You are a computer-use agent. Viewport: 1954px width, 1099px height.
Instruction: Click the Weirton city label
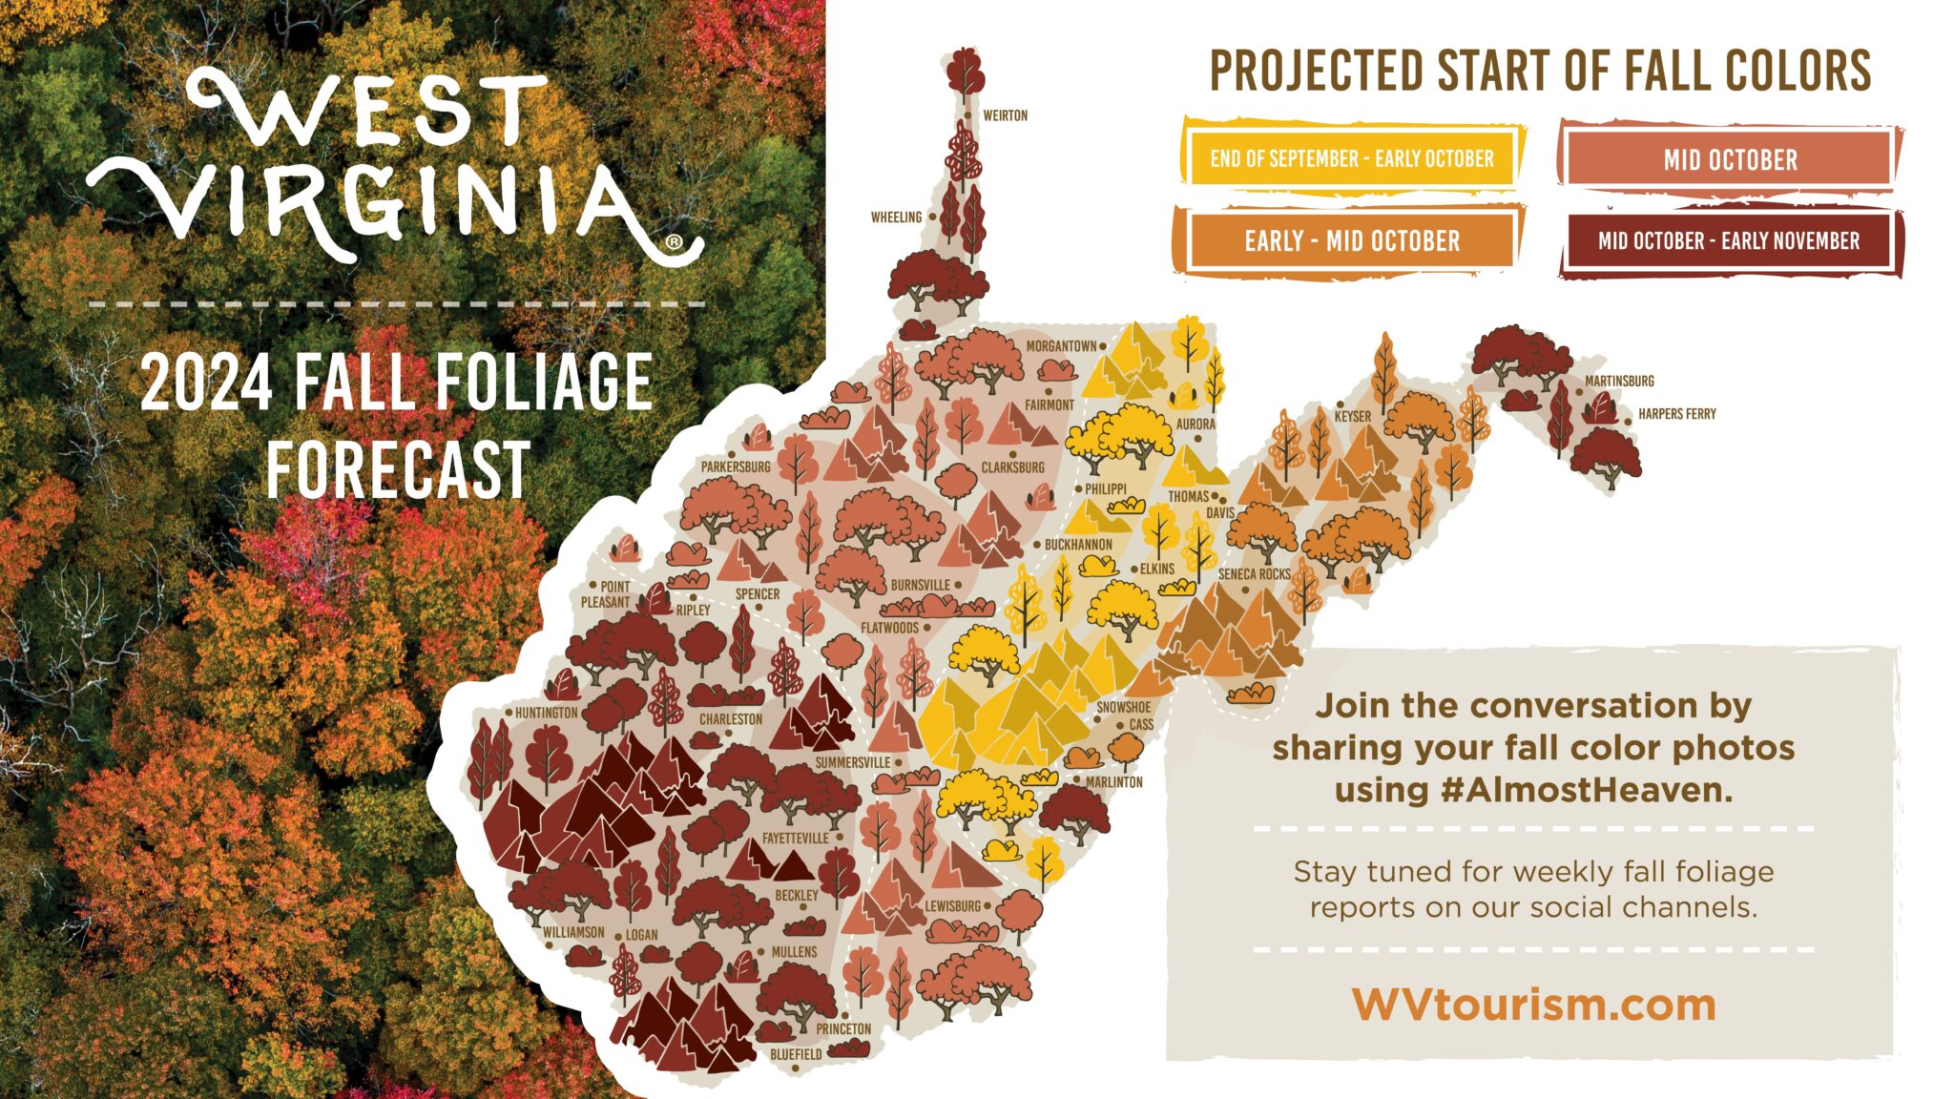tap(1005, 115)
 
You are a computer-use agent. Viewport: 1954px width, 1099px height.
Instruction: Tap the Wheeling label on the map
tap(896, 218)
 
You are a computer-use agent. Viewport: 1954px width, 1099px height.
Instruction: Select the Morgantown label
tap(1061, 346)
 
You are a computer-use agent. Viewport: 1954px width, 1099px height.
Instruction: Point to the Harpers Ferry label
tap(1676, 414)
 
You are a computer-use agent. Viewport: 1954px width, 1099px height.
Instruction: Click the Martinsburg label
tap(1619, 381)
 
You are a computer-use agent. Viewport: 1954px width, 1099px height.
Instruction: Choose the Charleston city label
tap(730, 719)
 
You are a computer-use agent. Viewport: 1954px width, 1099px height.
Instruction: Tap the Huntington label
tap(546, 713)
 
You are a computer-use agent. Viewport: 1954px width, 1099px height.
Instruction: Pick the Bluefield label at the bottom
tap(796, 1054)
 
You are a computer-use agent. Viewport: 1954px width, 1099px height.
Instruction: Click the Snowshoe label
tap(1123, 707)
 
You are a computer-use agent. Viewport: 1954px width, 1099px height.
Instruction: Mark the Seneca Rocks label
tap(1254, 574)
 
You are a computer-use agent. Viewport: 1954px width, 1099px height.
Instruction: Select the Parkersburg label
tap(735, 467)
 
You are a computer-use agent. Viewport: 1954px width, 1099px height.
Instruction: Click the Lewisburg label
tap(952, 905)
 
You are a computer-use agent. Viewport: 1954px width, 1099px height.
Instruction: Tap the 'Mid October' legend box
tap(1730, 159)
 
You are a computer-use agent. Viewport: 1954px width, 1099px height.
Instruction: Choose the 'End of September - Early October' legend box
tap(1351, 158)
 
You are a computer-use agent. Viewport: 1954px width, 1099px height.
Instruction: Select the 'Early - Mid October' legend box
tap(1351, 240)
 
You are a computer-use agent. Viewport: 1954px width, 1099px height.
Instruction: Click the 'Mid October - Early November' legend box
tap(1729, 240)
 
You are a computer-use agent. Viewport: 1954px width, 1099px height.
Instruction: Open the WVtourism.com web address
tap(1533, 1005)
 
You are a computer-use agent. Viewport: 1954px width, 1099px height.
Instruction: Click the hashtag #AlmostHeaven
tap(1586, 790)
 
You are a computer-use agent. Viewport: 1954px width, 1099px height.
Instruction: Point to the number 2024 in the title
tap(208, 383)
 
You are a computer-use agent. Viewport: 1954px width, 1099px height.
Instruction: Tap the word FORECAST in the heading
tap(397, 469)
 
